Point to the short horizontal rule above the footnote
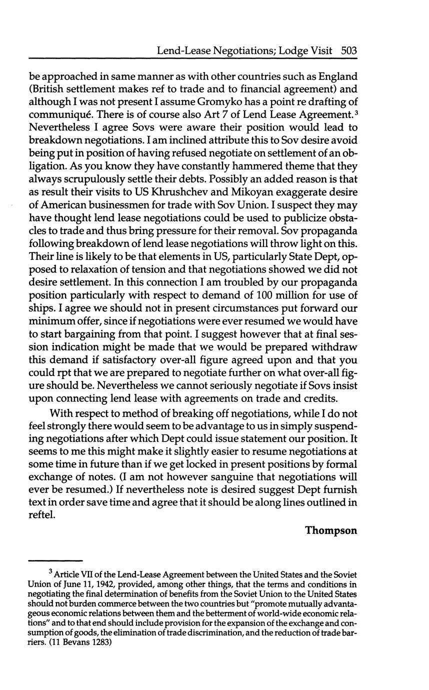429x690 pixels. pos(55,560)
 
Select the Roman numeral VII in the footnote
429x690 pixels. pos(88,573)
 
